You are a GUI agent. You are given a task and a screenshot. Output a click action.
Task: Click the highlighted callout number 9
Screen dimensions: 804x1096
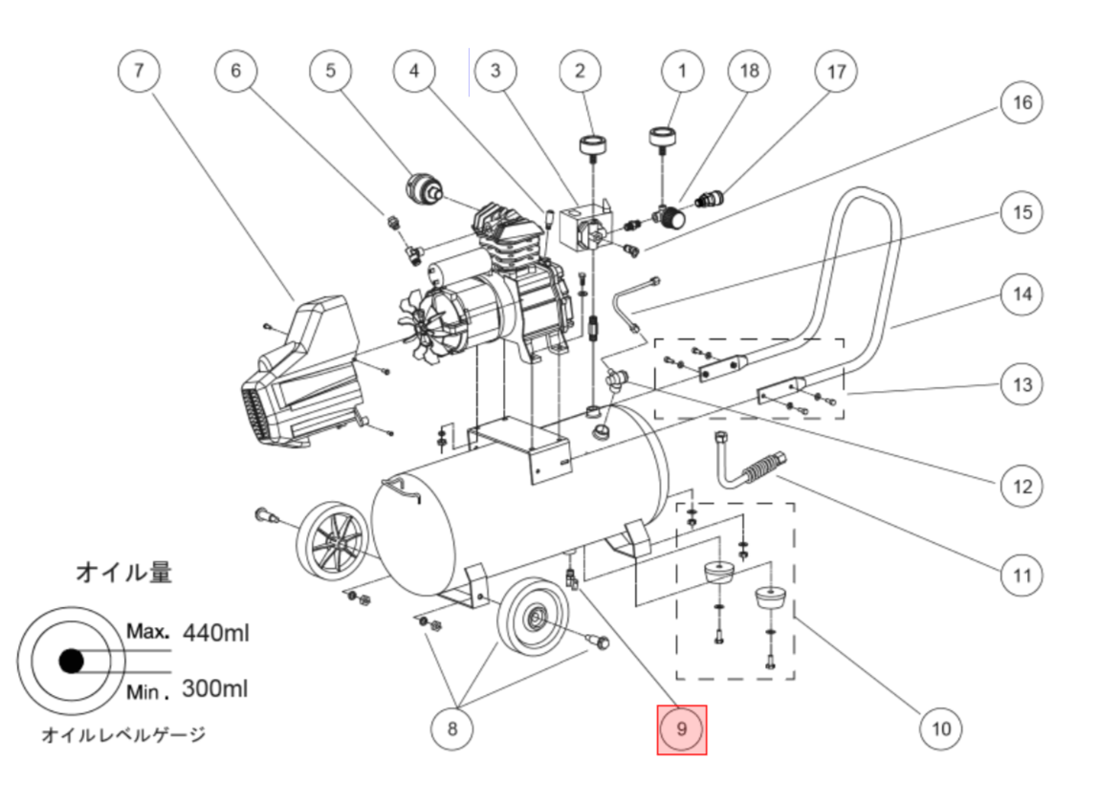[x=682, y=729]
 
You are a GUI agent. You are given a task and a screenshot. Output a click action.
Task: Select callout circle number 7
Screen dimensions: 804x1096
[x=140, y=72]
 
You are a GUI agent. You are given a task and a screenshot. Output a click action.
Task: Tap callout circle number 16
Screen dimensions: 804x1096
[x=1022, y=102]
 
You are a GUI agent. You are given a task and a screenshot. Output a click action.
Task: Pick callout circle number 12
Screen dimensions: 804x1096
[x=1022, y=487]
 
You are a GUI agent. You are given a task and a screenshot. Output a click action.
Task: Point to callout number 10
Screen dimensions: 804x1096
[x=941, y=729]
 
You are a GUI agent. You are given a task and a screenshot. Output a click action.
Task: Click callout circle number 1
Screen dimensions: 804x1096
[x=682, y=72]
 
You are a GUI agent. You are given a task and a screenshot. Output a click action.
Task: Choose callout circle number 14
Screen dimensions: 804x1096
[x=1022, y=293]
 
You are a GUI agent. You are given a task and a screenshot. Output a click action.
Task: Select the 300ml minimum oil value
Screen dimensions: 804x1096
[x=214, y=688]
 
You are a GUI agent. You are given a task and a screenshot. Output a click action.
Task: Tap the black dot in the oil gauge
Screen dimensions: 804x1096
[x=70, y=661]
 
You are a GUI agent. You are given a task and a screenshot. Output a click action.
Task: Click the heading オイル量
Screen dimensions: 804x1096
[x=124, y=573]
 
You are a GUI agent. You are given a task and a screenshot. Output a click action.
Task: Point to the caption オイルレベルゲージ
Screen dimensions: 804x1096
[x=123, y=735]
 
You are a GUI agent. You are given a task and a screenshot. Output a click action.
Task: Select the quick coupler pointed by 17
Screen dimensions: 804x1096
[x=711, y=201]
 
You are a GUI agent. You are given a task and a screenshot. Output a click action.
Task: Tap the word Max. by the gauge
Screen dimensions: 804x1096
[x=147, y=632]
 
